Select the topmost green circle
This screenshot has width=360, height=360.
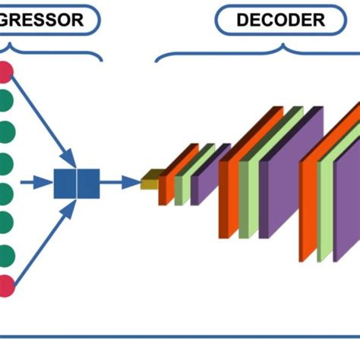point(6,101)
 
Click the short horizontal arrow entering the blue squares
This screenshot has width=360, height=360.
point(35,182)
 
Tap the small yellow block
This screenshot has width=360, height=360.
point(150,181)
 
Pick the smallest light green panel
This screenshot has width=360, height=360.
point(180,185)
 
